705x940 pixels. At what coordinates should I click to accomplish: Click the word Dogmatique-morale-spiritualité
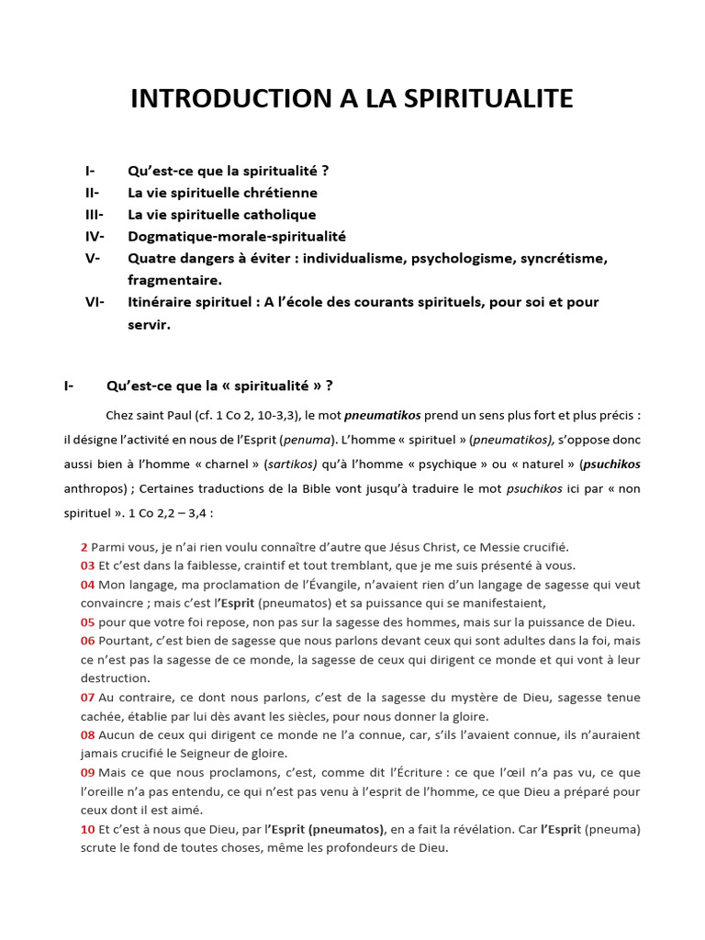click(237, 236)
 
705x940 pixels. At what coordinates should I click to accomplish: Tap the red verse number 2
click(84, 546)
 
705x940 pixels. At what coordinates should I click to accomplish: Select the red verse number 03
click(87, 565)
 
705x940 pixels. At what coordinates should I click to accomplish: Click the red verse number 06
click(87, 641)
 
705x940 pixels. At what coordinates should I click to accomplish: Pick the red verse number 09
click(87, 772)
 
